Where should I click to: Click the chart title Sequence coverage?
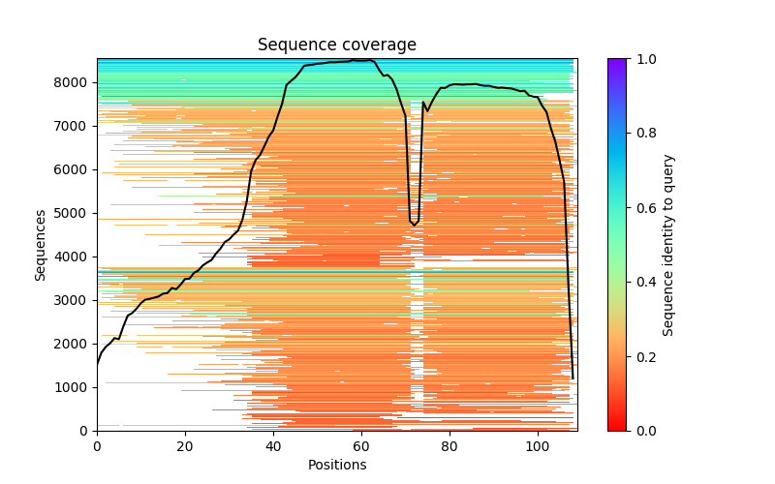tap(337, 45)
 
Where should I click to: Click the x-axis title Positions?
tap(337, 465)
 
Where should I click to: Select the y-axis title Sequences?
tap(41, 244)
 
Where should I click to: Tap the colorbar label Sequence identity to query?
tap(668, 244)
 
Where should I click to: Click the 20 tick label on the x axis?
tap(185, 446)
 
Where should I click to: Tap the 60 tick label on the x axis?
tap(361, 446)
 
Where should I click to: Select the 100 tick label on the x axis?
tap(538, 446)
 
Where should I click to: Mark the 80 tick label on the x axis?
tap(449, 446)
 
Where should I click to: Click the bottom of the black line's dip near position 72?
tap(415, 226)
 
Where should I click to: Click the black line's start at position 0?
tap(97, 364)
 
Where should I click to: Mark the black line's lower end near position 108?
tap(573, 378)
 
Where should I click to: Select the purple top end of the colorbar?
tap(616, 61)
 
